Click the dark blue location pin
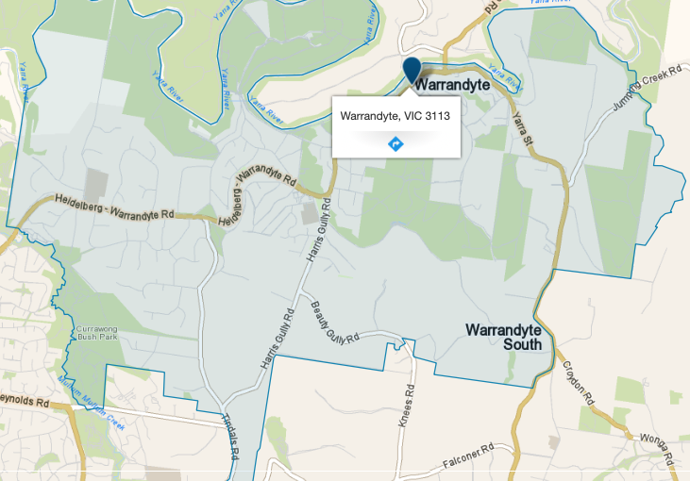click(412, 71)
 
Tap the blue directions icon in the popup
click(395, 143)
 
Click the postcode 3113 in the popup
click(435, 116)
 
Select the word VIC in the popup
click(409, 116)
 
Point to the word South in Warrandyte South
click(522, 344)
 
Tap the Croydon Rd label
click(581, 383)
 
